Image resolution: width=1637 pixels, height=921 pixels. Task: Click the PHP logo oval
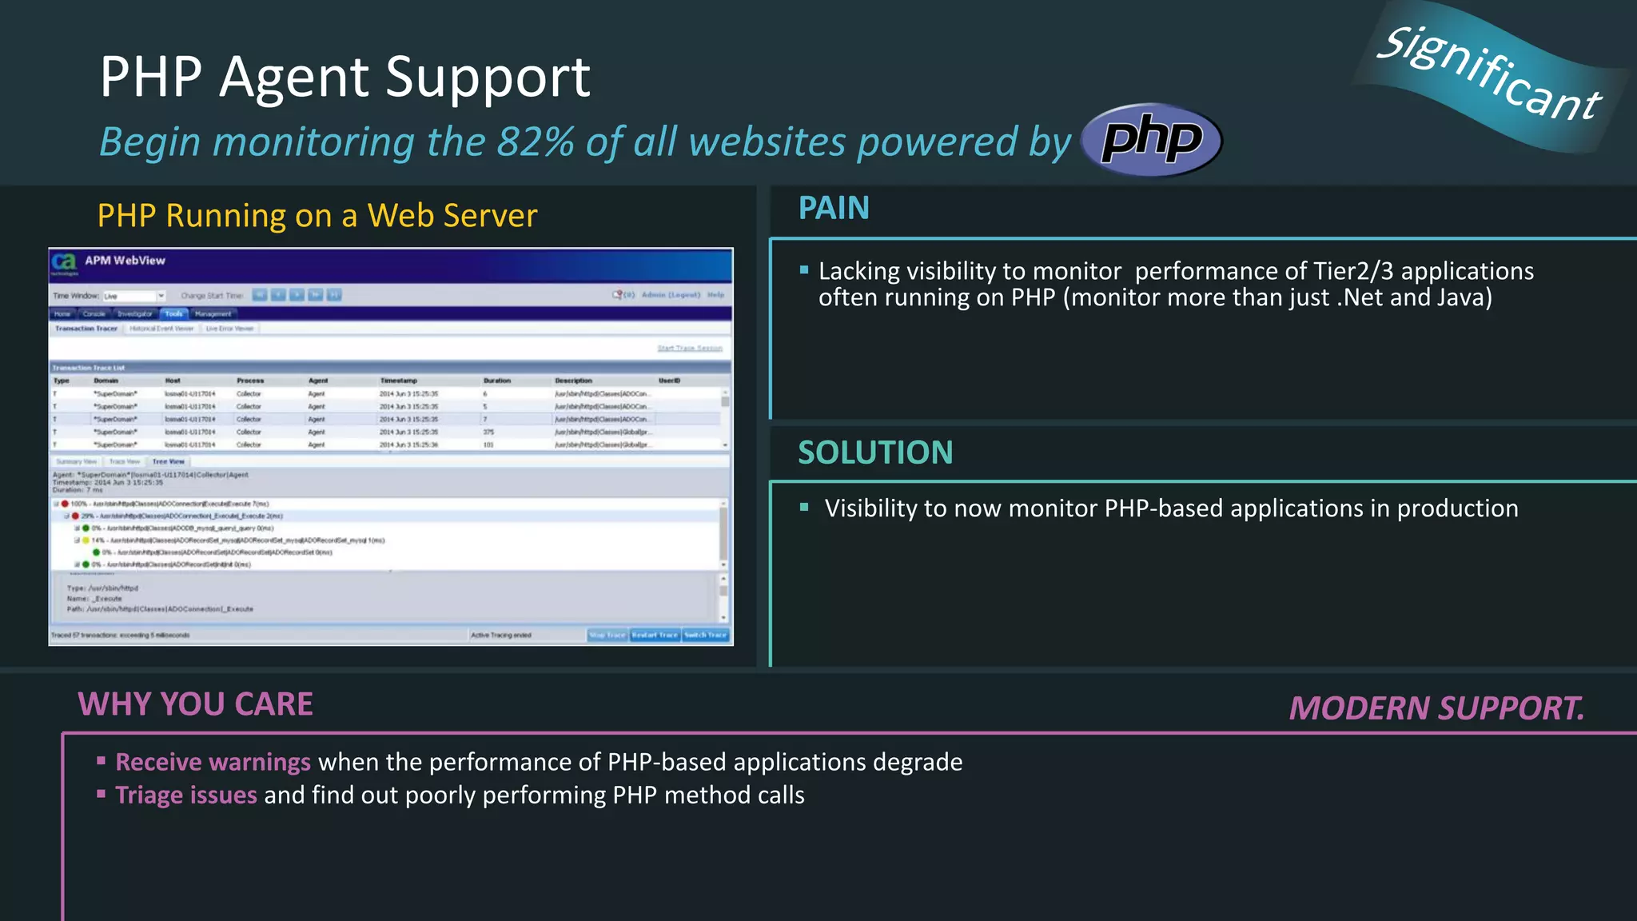coord(1151,139)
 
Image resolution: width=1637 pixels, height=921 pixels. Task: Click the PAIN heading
coord(834,209)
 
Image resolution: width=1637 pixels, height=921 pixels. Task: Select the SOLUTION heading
coord(875,453)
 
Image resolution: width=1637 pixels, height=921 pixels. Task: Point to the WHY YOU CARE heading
coord(195,705)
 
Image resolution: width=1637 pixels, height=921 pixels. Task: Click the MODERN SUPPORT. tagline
coord(1436,708)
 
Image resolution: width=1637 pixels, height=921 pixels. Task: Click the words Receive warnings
coord(213,762)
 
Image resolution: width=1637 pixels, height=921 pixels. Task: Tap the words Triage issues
coord(186,795)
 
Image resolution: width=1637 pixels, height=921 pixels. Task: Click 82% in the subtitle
coord(535,142)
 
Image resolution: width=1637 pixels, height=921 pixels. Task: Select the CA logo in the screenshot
coord(64,261)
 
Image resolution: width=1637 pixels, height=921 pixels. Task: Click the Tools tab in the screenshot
coord(173,314)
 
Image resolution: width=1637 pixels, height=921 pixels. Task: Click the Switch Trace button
coord(705,635)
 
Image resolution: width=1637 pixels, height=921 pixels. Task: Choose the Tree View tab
coord(169,461)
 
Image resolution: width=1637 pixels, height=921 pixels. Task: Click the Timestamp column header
coord(398,381)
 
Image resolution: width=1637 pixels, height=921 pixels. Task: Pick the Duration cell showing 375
coord(488,432)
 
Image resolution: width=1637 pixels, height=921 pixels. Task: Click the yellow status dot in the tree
coord(86,540)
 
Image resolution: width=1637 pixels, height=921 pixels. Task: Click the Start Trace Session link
coord(689,348)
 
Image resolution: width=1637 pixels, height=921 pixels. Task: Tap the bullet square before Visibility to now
coord(804,507)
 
